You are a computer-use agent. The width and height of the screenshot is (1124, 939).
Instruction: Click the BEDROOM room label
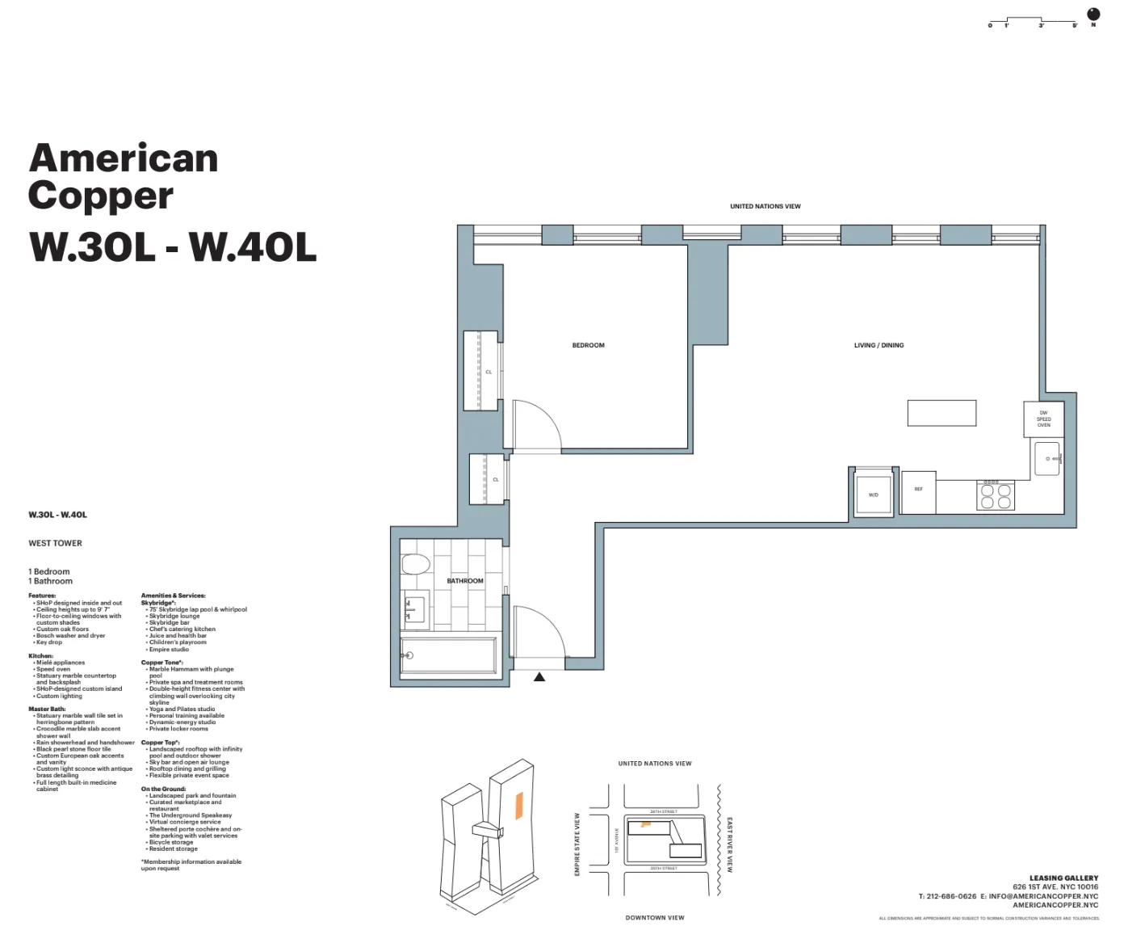pos(588,345)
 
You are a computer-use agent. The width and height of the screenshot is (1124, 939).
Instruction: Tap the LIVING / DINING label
pos(879,345)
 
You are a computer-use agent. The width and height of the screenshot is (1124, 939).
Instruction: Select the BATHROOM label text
pos(465,581)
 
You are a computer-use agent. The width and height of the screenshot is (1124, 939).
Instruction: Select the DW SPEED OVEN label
pos(1043,419)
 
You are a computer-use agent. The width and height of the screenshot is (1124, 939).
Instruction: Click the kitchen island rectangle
pos(942,413)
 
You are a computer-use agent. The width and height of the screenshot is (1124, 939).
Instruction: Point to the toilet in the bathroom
pos(416,563)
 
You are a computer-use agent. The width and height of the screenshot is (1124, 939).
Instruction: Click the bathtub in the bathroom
pos(449,655)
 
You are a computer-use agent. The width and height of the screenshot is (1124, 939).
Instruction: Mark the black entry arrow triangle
pos(539,677)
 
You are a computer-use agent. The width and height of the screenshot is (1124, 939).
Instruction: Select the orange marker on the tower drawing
pos(519,806)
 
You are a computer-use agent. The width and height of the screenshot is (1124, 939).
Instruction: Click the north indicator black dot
pos(1093,14)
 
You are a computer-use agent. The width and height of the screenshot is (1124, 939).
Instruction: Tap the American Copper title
pos(123,176)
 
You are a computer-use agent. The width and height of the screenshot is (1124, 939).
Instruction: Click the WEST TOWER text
pos(55,543)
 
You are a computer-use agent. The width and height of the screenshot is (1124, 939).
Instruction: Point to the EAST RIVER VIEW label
pos(729,844)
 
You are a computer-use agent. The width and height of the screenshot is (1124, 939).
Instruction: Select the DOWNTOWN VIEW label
pos(654,918)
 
